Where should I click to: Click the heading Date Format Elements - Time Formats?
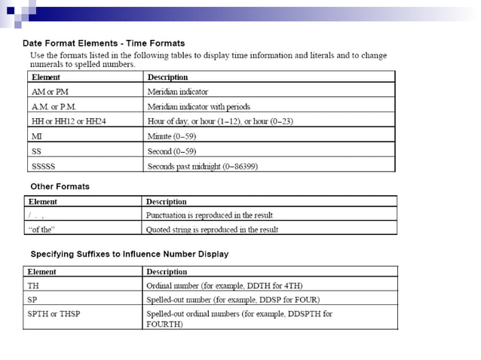(x=103, y=43)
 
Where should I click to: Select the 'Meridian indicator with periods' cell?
(x=198, y=106)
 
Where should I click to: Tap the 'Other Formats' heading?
(x=60, y=186)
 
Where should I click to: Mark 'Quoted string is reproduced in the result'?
(x=211, y=230)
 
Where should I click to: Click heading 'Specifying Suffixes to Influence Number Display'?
(x=129, y=254)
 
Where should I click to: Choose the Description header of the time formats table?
(x=167, y=77)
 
